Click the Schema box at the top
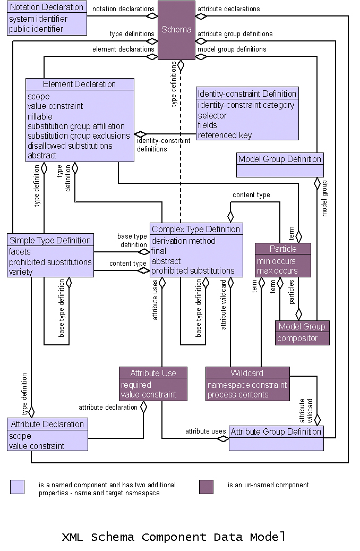(x=176, y=30)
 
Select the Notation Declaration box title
(x=47, y=7)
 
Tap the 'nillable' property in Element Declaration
(x=40, y=116)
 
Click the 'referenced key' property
(x=225, y=135)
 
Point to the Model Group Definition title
(x=279, y=159)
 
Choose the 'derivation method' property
(x=183, y=241)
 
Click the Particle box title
(x=283, y=249)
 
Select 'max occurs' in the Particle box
(x=277, y=271)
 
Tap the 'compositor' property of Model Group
(x=297, y=338)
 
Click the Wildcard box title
(x=247, y=373)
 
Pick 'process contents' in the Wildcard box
(x=238, y=395)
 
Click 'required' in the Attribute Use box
(x=136, y=385)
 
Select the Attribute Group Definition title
(x=276, y=431)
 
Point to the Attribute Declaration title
(x=47, y=424)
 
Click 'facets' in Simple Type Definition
(x=20, y=252)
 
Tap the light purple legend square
(x=17, y=487)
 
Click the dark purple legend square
(x=206, y=487)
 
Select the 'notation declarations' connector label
(x=123, y=9)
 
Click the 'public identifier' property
(x=36, y=29)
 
